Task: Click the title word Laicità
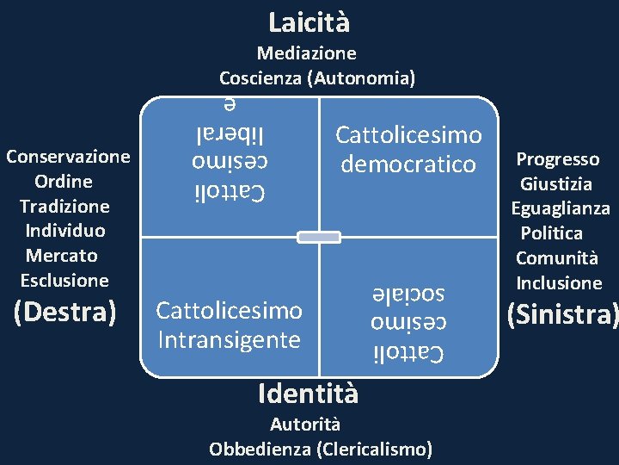pyautogui.click(x=309, y=22)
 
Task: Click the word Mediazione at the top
pyautogui.click(x=307, y=54)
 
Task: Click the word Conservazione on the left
pyautogui.click(x=68, y=157)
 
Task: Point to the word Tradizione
pyautogui.click(x=64, y=206)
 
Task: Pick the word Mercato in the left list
pyautogui.click(x=61, y=256)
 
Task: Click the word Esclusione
pyautogui.click(x=64, y=280)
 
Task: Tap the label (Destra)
pyautogui.click(x=65, y=312)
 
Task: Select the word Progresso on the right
pyautogui.click(x=558, y=159)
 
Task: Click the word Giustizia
pyautogui.click(x=556, y=183)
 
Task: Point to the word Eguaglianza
pyautogui.click(x=561, y=208)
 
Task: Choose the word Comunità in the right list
pyautogui.click(x=555, y=258)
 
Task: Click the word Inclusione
pyautogui.click(x=559, y=282)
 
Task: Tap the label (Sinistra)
pyautogui.click(x=562, y=315)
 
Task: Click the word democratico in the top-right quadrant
pyautogui.click(x=408, y=164)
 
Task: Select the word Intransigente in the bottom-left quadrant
pyautogui.click(x=229, y=338)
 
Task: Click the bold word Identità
pyautogui.click(x=308, y=394)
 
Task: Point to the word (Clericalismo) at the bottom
pyautogui.click(x=375, y=449)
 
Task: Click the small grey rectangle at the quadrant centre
pyautogui.click(x=319, y=237)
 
